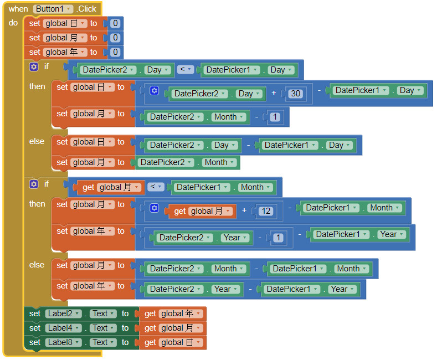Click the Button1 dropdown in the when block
[x=54, y=9]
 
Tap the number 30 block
[x=296, y=94]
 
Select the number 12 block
[x=265, y=211]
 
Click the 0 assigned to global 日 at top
[x=115, y=23]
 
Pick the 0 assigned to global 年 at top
[x=115, y=52]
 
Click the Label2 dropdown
[x=63, y=313]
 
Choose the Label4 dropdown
[x=63, y=328]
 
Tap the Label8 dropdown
[x=63, y=342]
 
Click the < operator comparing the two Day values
[x=186, y=70]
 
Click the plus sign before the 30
[x=274, y=94]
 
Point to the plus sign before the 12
[x=244, y=211]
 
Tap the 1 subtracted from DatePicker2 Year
[x=278, y=238]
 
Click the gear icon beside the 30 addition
[x=154, y=91]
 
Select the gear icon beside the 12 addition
[x=154, y=208]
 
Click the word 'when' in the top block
[x=18, y=9]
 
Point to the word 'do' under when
[x=13, y=23]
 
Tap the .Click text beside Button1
[x=86, y=9]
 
